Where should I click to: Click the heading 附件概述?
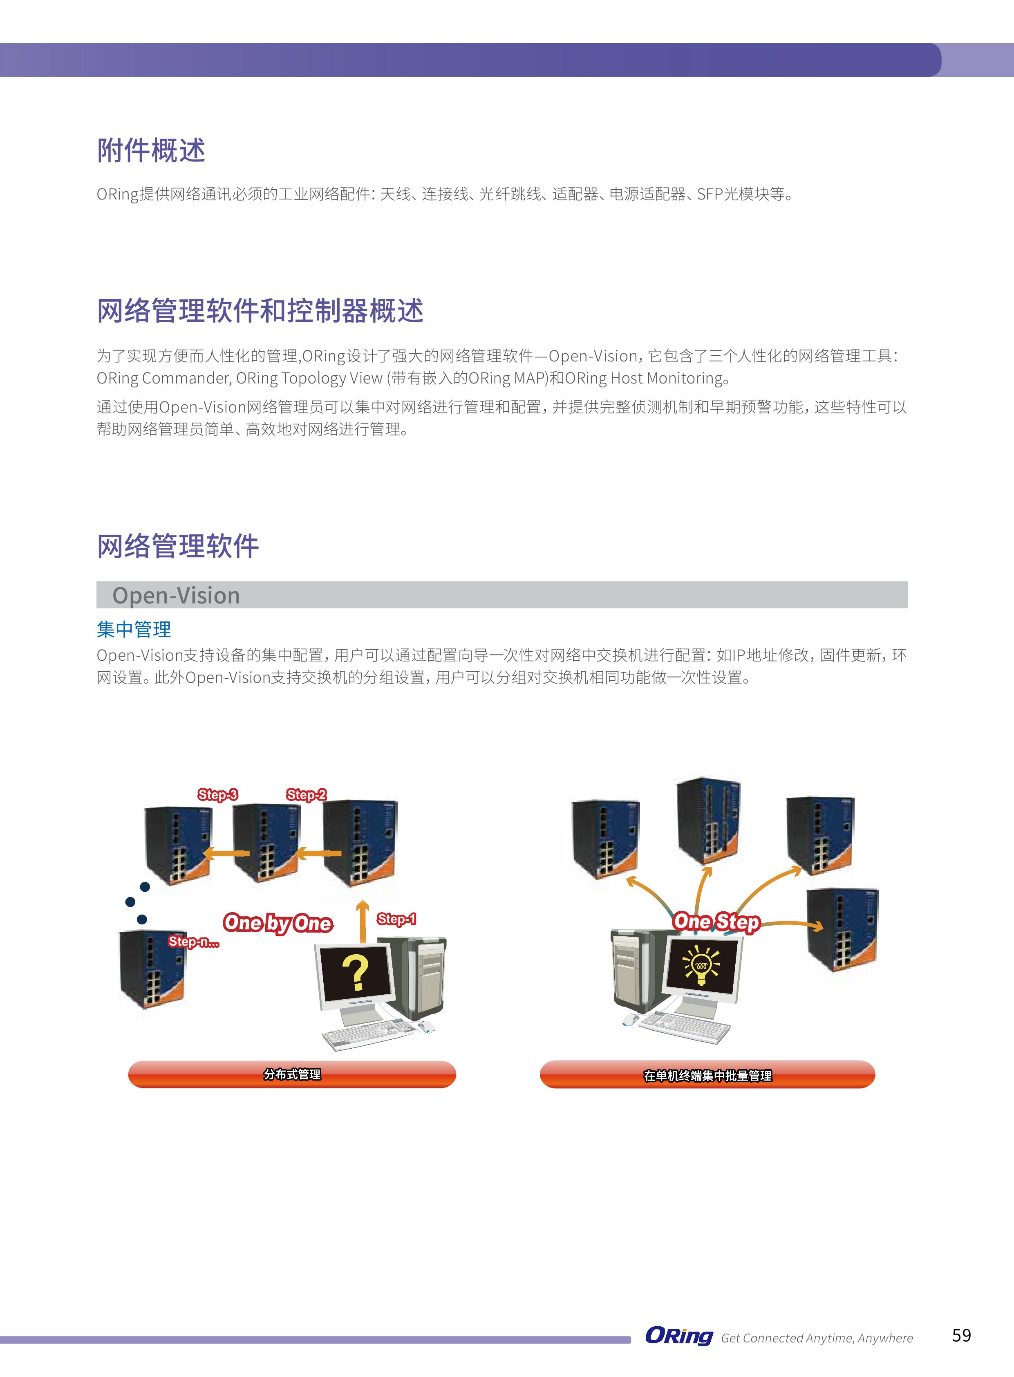click(151, 150)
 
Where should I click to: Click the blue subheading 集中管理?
click(134, 629)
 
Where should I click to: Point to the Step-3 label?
click(217, 794)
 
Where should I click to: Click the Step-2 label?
click(306, 794)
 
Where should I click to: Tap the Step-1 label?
click(396, 919)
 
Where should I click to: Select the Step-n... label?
click(193, 942)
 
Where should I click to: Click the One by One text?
click(278, 923)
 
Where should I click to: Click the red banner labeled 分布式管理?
click(292, 1074)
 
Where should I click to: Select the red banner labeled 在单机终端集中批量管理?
click(707, 1075)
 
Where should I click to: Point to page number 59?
click(961, 1336)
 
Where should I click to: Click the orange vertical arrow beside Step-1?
click(363, 921)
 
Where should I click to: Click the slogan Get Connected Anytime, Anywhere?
click(817, 1338)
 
